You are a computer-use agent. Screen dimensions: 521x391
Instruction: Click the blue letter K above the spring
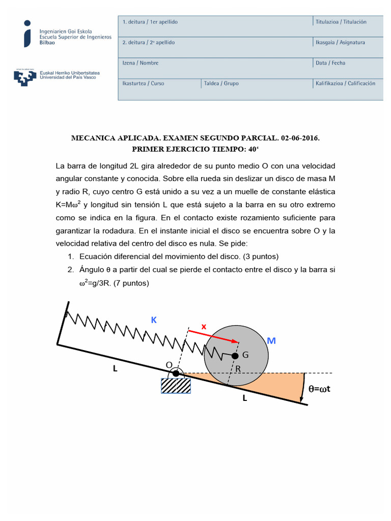(154, 320)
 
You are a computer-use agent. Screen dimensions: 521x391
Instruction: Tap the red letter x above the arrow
(204, 327)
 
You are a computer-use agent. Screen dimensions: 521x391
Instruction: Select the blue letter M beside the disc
(271, 341)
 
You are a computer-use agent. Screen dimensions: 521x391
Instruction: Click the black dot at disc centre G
(235, 355)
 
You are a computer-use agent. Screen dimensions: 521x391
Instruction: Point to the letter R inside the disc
(238, 369)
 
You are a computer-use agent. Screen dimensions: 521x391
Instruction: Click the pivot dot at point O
(176, 373)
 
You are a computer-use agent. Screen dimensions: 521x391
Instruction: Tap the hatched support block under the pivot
(176, 386)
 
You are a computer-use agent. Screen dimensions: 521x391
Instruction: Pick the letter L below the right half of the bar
(244, 398)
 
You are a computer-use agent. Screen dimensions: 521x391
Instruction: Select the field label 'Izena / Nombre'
(141, 63)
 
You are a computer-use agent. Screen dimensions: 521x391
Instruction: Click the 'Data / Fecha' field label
(330, 63)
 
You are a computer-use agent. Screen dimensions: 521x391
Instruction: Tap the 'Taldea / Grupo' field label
(221, 83)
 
